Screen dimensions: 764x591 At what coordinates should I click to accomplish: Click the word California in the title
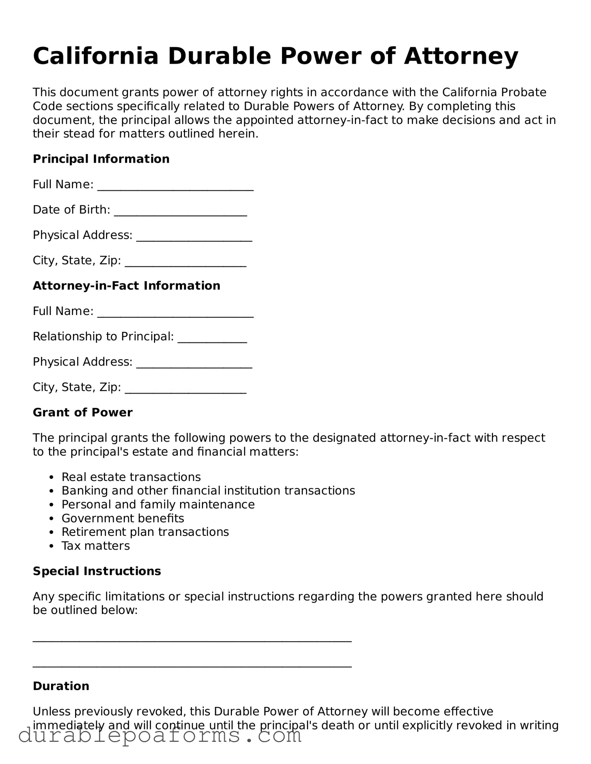pos(96,56)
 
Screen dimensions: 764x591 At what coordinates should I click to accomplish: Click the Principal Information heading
pos(101,159)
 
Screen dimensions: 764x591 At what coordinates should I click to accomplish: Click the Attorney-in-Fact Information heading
pos(127,286)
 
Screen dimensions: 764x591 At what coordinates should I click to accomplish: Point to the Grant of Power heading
pos(82,413)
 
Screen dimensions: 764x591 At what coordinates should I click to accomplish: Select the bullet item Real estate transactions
pos(131,477)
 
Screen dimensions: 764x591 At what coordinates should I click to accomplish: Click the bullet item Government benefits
pos(123,518)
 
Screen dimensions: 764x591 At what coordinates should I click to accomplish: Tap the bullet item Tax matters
pos(96,546)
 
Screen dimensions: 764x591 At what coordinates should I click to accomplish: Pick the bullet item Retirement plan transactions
pos(145,532)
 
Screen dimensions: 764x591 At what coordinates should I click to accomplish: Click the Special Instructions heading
pos(97,571)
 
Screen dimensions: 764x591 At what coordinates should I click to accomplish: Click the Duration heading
pos(61,686)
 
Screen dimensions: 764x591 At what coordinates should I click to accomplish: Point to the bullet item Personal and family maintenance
pos(158,505)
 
